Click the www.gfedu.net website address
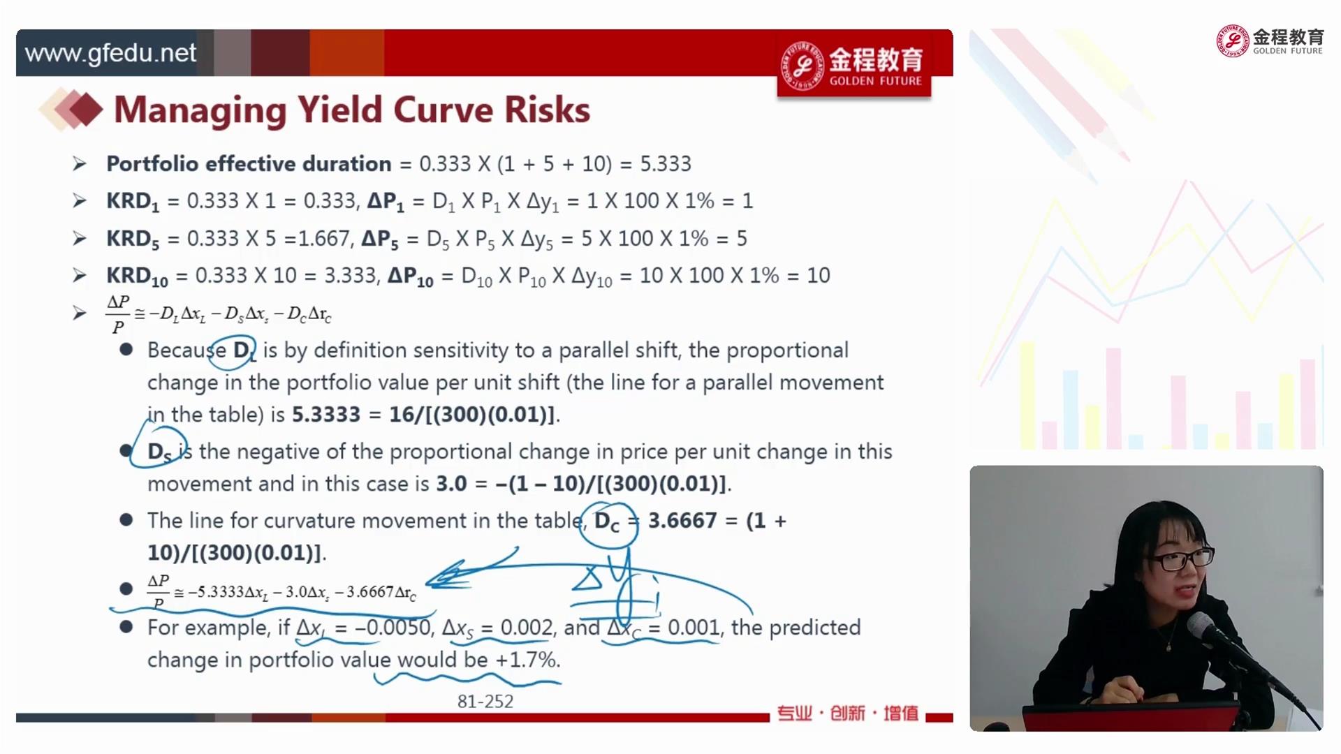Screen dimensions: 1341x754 (110, 54)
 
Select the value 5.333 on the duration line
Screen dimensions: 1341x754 (666, 164)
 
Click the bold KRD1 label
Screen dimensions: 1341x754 (133, 202)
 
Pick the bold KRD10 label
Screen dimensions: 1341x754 (137, 276)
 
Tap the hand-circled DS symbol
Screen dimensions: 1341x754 (159, 452)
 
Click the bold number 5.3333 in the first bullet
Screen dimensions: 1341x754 (325, 415)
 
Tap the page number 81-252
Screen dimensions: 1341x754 (485, 702)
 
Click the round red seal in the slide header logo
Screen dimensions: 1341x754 (803, 66)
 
